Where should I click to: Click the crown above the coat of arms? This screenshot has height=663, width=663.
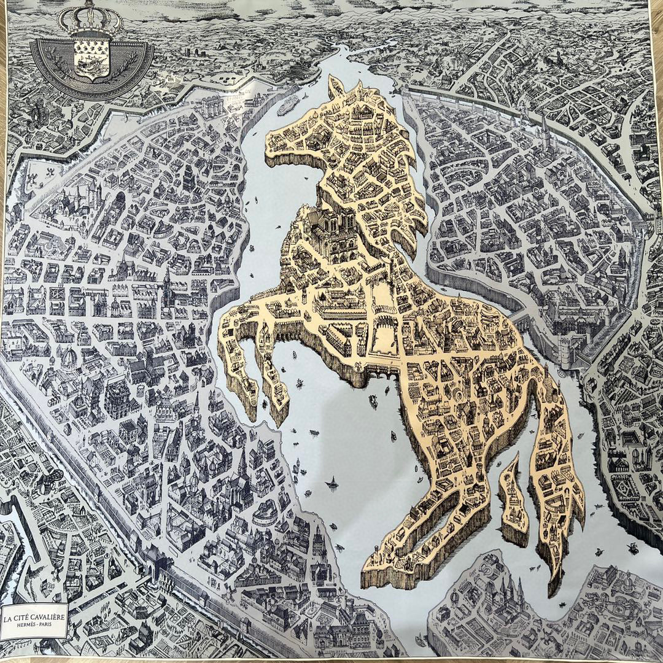(90, 18)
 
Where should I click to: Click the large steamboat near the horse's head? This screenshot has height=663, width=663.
(287, 106)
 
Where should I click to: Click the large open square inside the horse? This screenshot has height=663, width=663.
(384, 335)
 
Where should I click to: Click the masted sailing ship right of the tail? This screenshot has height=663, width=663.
(632, 546)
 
